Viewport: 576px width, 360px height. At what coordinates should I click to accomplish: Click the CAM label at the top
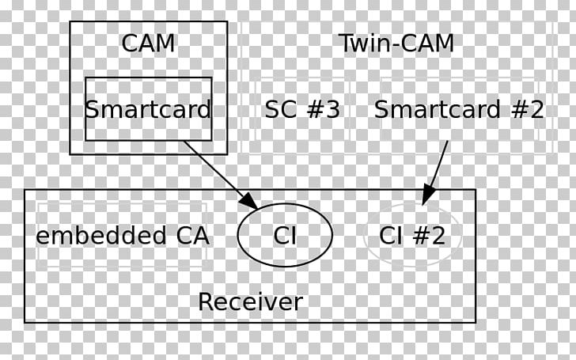[x=148, y=43]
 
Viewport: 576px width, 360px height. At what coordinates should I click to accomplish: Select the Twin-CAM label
[x=396, y=43]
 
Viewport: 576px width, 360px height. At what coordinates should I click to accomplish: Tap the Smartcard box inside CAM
[x=148, y=109]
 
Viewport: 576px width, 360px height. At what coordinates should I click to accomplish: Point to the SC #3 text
[x=302, y=109]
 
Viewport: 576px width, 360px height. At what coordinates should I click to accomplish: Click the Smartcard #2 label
[x=459, y=109]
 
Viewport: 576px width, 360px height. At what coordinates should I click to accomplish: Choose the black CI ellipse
[x=285, y=235]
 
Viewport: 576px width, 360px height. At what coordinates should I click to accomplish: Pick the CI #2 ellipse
[x=411, y=235]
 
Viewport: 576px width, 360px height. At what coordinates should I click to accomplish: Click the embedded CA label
[x=123, y=235]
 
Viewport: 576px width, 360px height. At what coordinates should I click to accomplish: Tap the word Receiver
[x=250, y=301]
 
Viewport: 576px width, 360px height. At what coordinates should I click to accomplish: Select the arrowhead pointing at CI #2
[x=428, y=194]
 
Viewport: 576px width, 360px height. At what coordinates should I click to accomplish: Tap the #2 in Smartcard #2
[x=527, y=109]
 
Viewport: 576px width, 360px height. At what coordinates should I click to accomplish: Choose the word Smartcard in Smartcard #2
[x=438, y=109]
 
